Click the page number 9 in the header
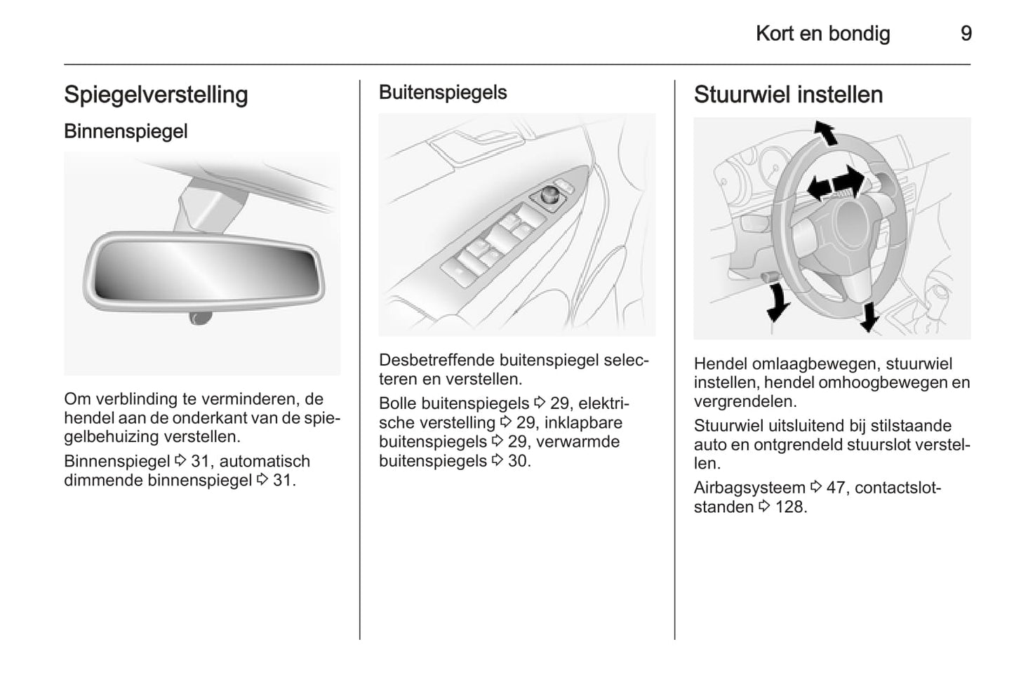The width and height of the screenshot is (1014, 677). (966, 34)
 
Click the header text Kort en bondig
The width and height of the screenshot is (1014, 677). (822, 34)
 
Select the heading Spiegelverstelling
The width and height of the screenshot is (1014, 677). (156, 95)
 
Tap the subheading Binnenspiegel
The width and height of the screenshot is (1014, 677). (126, 131)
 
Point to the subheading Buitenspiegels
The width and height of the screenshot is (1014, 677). (443, 93)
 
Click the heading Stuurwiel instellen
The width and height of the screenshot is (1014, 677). (788, 95)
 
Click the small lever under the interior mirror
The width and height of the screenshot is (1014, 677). (201, 318)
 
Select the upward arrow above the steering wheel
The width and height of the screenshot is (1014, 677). (825, 133)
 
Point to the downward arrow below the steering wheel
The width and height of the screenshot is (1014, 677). (869, 316)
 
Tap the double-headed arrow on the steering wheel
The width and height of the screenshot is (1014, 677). (834, 183)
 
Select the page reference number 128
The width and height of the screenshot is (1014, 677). (791, 507)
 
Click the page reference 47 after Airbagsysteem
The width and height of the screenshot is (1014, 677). (835, 488)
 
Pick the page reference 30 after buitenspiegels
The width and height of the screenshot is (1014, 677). (519, 461)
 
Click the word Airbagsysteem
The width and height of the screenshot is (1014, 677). (749, 488)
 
